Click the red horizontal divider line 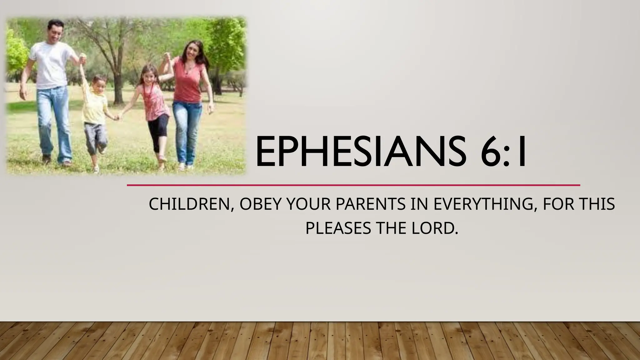click(353, 185)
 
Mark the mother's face click(191, 52)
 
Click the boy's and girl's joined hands click(117, 117)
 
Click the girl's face click(149, 75)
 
